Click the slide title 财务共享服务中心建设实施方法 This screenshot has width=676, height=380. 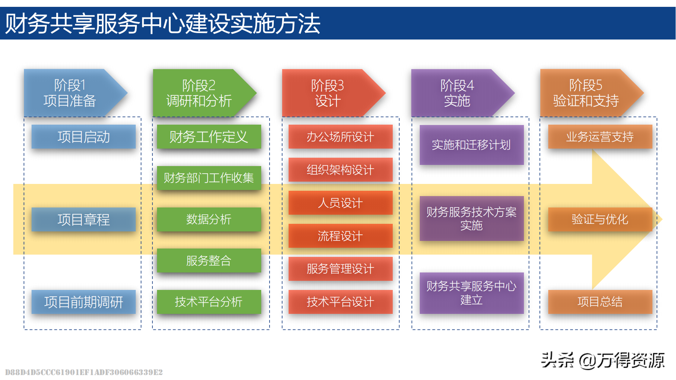163,24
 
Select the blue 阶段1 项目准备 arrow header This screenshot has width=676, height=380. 70,93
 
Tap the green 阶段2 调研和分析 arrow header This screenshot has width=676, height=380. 199,93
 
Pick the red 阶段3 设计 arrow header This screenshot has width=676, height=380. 328,93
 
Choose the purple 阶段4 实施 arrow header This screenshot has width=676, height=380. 457,93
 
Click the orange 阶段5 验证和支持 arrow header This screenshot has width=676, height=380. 586,93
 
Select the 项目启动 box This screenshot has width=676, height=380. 84,137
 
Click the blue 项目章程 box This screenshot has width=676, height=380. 84,220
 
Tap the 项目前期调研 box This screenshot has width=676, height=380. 84,302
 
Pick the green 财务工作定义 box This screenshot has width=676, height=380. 209,137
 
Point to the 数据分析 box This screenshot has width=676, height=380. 209,219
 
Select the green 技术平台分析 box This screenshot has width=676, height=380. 209,302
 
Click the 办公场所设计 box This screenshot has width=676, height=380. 340,137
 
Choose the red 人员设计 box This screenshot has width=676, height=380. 340,203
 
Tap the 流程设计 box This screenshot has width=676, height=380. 340,236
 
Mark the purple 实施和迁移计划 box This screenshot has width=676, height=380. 471,145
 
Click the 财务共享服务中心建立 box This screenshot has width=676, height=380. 471,293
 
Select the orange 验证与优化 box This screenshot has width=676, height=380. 600,219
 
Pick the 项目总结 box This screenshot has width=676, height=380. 600,302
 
